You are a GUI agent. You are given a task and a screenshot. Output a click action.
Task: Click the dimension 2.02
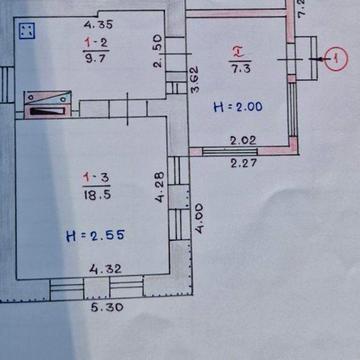[x=244, y=142]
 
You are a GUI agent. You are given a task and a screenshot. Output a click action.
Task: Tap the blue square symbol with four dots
[x=28, y=32]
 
